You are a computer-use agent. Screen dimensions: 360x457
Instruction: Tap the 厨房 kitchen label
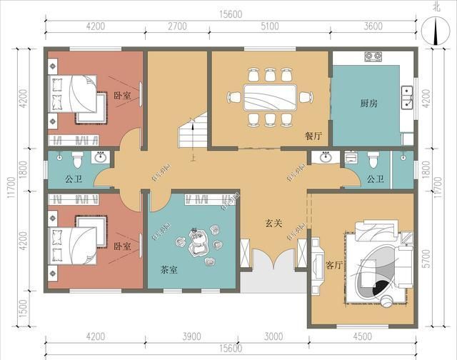[369, 103]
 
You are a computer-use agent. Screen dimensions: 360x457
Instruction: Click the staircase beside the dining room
[191, 133]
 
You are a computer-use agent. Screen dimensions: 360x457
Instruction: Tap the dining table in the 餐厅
[269, 96]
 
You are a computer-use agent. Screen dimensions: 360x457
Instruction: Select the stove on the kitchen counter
[375, 56]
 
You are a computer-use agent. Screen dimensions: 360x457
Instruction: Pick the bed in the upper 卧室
[77, 96]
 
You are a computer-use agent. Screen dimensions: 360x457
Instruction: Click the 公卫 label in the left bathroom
[74, 179]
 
